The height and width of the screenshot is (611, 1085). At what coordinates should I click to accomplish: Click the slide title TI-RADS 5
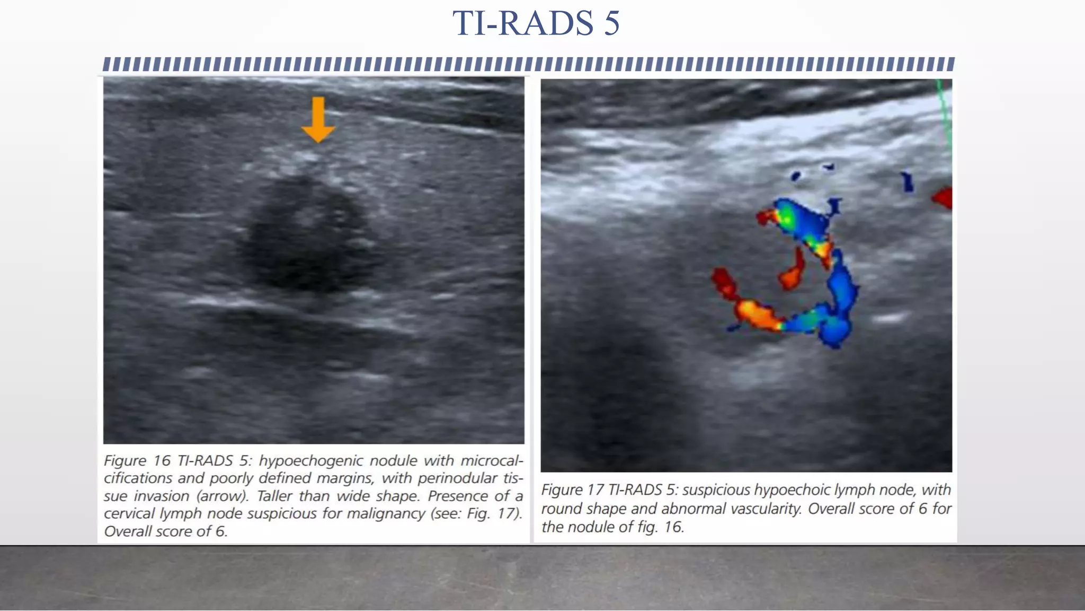tap(536, 23)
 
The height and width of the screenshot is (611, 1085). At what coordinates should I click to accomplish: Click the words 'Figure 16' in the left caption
tap(136, 460)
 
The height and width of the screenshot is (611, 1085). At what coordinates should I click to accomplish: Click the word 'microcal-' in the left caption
tap(492, 460)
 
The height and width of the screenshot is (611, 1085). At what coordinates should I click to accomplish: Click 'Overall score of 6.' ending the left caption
tap(165, 531)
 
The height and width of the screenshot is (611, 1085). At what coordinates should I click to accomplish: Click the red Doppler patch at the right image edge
tap(944, 198)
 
